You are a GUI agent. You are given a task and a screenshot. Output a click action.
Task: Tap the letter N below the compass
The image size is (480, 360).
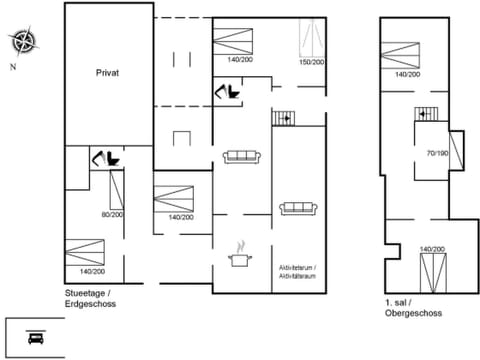[x=12, y=67]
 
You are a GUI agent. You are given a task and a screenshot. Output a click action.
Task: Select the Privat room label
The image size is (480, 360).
[x=108, y=73]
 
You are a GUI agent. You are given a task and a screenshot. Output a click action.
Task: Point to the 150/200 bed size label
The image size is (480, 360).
[x=312, y=62]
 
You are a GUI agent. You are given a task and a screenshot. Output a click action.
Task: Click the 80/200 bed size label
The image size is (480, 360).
[x=110, y=215]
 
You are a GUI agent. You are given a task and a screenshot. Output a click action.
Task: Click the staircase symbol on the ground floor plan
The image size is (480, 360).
[x=285, y=118]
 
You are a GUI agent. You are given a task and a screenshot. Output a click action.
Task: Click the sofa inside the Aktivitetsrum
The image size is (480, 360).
[x=298, y=208]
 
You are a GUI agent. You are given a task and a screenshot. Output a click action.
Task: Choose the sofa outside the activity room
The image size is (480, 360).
[x=241, y=156]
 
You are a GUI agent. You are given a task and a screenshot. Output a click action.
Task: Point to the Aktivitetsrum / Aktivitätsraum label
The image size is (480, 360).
[x=298, y=272]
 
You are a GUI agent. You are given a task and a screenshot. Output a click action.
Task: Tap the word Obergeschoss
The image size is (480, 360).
[x=412, y=312]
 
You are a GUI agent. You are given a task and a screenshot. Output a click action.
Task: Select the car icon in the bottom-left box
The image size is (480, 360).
[x=35, y=337]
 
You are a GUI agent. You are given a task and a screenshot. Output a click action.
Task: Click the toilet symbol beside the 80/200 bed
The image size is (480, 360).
[x=104, y=158]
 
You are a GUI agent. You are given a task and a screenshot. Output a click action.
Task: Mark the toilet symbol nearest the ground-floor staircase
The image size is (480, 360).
[x=228, y=93]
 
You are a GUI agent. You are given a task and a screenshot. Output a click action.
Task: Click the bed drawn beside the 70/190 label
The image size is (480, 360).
[x=457, y=150]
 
